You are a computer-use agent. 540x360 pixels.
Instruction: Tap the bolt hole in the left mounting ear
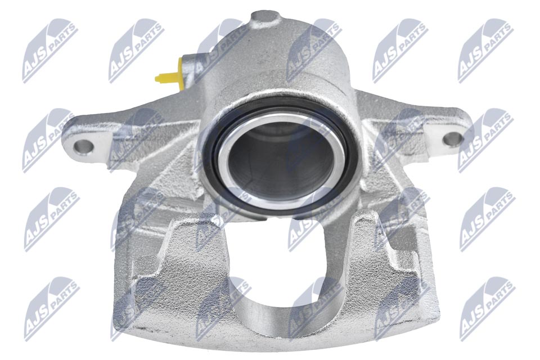coord(83,147)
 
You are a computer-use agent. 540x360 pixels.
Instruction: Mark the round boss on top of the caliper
coord(266,20)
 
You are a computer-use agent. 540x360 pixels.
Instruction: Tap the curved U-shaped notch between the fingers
coord(276,307)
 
